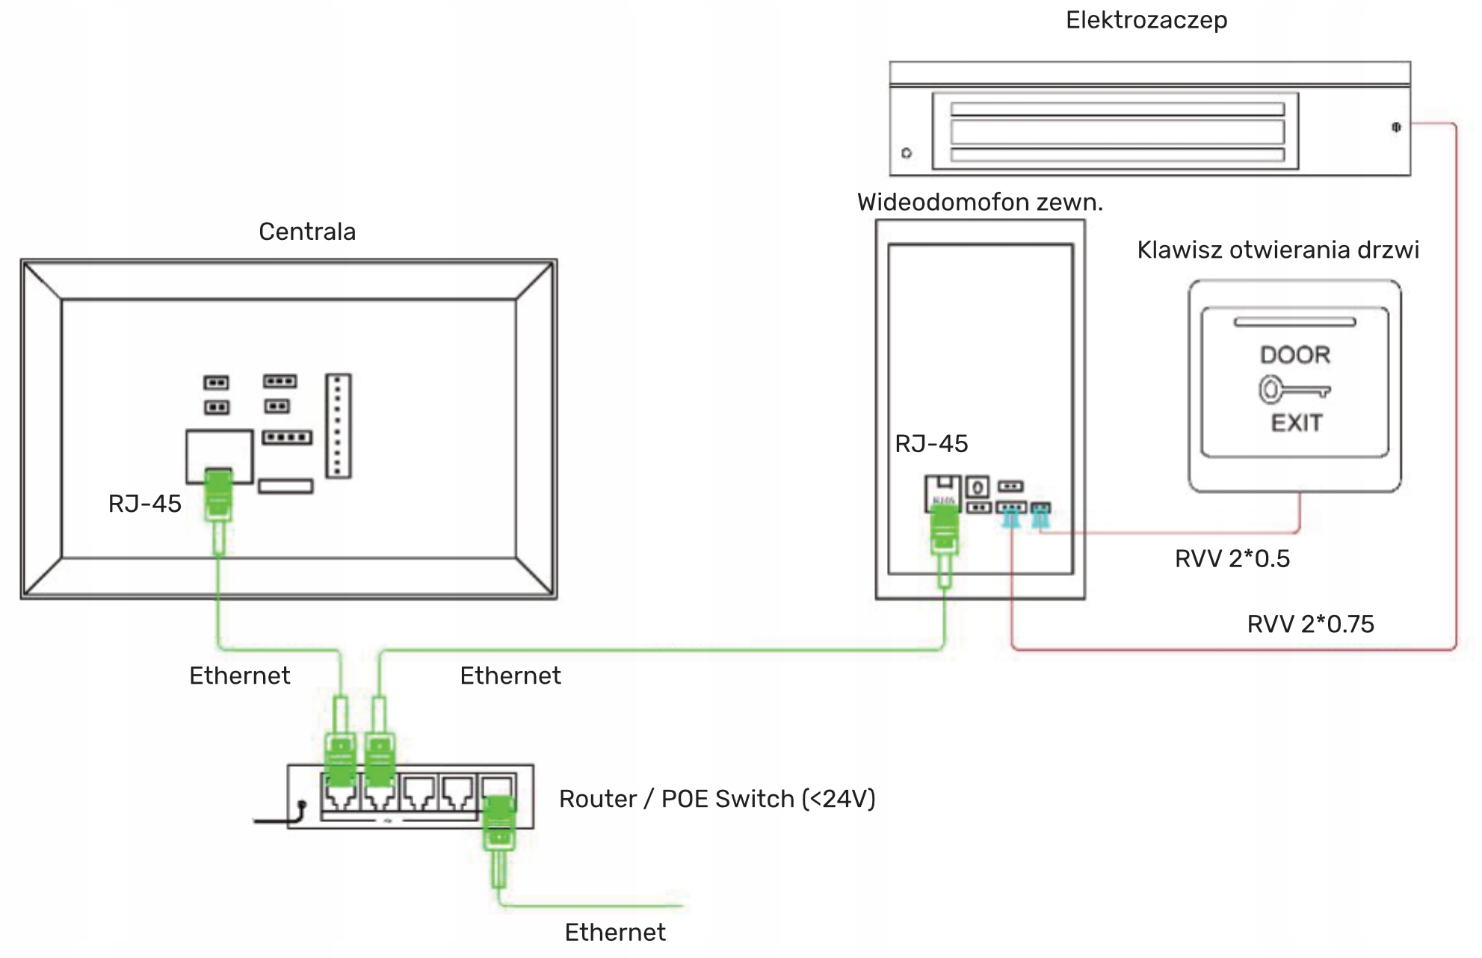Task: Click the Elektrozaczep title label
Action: [1146, 20]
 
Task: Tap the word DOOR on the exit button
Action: [1295, 355]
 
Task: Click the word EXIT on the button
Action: [1297, 423]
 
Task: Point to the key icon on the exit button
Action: [1294, 390]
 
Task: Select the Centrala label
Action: [307, 232]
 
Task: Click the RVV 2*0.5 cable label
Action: [1232, 559]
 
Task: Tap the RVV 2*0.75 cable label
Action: [1310, 624]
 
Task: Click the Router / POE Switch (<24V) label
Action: [717, 799]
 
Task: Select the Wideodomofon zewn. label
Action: [980, 203]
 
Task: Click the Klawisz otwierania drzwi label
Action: [1277, 250]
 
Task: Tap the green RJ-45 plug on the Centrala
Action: [218, 493]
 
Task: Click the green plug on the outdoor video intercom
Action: [945, 529]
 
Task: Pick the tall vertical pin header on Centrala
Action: [338, 426]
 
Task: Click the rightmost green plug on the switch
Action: [498, 822]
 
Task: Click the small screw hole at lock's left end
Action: [907, 153]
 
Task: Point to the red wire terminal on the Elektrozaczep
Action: [1395, 127]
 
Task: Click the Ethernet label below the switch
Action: [614, 933]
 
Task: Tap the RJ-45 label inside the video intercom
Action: [931, 444]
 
